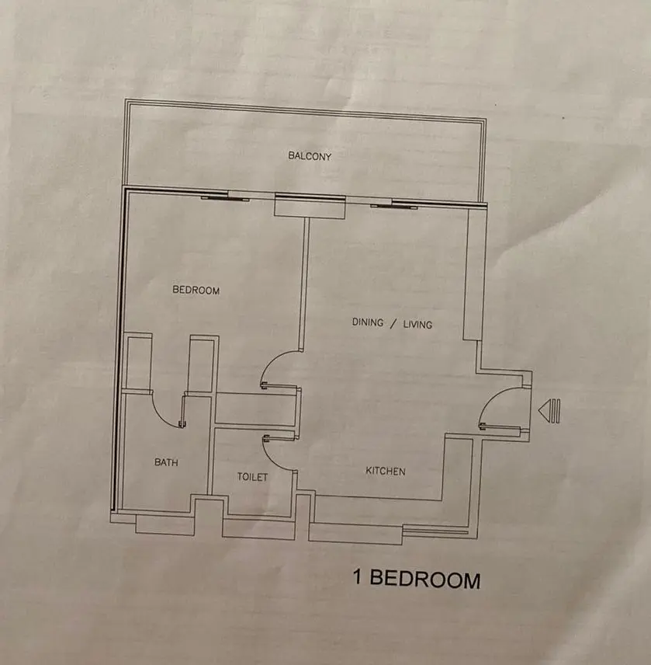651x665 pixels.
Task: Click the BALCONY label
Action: [x=310, y=156]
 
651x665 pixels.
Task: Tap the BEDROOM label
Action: [x=196, y=291]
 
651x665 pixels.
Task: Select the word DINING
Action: [x=368, y=322]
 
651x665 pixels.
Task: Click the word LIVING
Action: [x=417, y=324]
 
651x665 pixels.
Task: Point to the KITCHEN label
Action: [x=386, y=472]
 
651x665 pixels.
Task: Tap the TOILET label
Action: [x=252, y=477]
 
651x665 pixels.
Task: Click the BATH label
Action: [x=166, y=462]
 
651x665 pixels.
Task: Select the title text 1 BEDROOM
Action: [x=417, y=579]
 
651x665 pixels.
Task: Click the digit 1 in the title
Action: [x=358, y=578]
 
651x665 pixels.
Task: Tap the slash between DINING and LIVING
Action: [x=393, y=323]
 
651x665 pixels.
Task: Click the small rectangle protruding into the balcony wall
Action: [x=309, y=207]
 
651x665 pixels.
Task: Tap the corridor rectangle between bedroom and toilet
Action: [x=257, y=409]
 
